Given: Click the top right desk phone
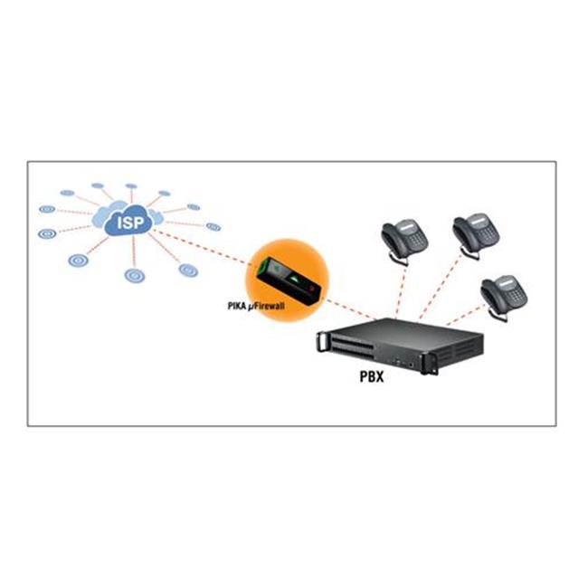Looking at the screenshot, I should [x=472, y=234].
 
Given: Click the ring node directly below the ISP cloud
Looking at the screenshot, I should [x=135, y=274].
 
